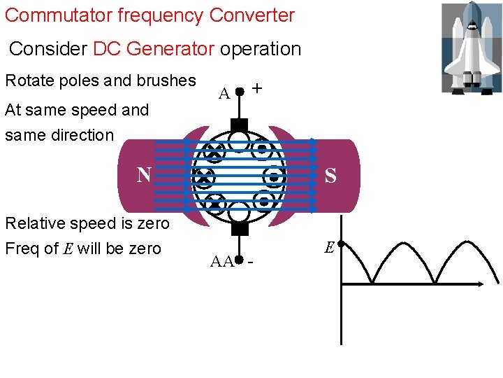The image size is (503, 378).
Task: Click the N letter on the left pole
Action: point(144,174)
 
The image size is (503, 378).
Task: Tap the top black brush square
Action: point(239,125)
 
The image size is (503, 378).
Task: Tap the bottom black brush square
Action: point(239,228)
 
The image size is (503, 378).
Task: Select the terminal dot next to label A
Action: point(239,92)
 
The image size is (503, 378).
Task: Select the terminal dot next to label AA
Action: point(239,261)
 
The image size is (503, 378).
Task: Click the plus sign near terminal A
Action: point(257,89)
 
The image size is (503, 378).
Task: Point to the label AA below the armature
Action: point(221,262)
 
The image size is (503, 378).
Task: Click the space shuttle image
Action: point(471,48)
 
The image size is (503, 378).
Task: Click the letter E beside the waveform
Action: point(329,246)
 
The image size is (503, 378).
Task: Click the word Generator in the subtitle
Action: point(172,49)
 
